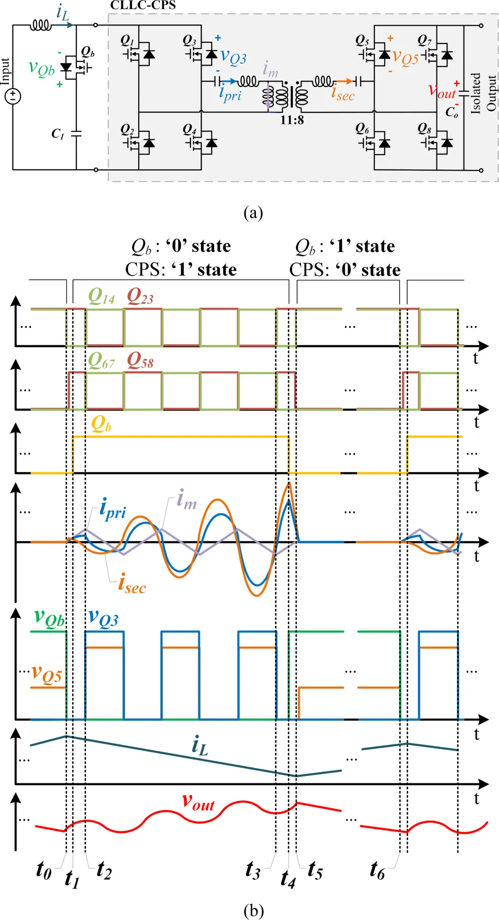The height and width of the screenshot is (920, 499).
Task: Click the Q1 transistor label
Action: (127, 40)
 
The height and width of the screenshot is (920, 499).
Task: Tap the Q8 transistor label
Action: (424, 128)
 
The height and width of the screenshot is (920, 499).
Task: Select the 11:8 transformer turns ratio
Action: (292, 120)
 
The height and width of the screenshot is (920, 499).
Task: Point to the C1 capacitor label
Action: (58, 134)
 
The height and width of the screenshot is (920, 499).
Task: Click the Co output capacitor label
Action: (451, 112)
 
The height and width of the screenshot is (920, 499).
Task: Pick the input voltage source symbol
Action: (13, 96)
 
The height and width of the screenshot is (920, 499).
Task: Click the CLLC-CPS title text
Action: (143, 6)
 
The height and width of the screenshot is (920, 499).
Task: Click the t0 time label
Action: (43, 870)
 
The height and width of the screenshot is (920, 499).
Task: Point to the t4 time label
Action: (288, 878)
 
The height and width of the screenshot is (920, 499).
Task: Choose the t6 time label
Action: (377, 871)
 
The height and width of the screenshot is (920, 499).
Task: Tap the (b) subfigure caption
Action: (253, 910)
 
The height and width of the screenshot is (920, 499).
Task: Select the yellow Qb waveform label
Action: (101, 424)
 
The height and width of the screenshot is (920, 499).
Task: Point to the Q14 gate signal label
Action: (101, 296)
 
